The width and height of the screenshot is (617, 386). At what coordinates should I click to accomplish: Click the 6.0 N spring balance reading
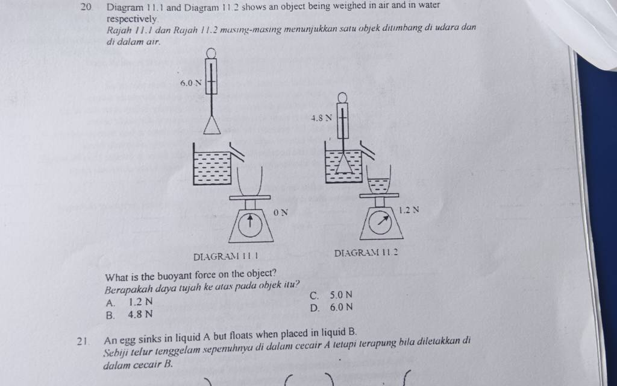[190, 83]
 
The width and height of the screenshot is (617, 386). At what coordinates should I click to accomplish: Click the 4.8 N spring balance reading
[322, 118]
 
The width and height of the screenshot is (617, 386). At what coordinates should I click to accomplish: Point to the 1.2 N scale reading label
[409, 210]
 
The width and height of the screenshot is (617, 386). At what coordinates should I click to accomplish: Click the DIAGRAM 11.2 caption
[366, 253]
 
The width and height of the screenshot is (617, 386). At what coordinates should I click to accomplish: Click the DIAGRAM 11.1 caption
[226, 257]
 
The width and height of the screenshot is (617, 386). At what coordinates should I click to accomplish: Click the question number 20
[88, 7]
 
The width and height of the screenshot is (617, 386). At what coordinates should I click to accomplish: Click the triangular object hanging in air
[211, 125]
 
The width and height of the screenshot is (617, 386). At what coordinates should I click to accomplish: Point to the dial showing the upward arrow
[250, 226]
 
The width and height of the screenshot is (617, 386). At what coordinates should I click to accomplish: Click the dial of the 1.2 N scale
[380, 223]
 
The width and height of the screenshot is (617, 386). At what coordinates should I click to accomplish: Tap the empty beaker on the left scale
[249, 181]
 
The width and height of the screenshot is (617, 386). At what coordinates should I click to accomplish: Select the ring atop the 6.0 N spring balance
[211, 53]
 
